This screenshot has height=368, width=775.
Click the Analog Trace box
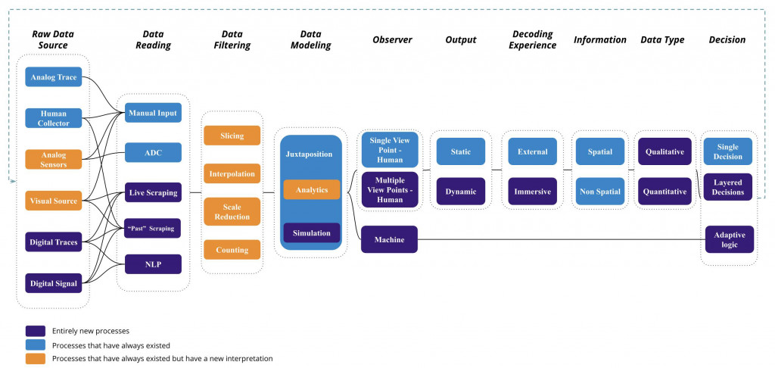pyautogui.click(x=54, y=77)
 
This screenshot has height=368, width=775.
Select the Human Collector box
pyautogui.click(x=54, y=118)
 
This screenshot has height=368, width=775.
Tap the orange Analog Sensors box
pyautogui.click(x=54, y=159)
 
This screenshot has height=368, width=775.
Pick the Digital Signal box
pyautogui.click(x=54, y=283)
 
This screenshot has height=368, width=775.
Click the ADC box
pyautogui.click(x=153, y=152)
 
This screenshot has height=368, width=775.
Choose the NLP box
pyautogui.click(x=153, y=264)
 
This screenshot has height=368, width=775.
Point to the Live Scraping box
pyautogui.click(x=153, y=192)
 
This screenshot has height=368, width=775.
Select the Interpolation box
pyautogui.click(x=232, y=173)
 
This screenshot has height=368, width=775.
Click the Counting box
pyautogui.click(x=232, y=250)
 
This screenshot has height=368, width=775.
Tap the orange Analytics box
pyautogui.click(x=312, y=189)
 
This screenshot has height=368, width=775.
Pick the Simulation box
pyautogui.click(x=312, y=232)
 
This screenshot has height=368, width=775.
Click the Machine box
pyautogui.click(x=389, y=239)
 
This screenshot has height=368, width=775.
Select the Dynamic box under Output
pyautogui.click(x=460, y=192)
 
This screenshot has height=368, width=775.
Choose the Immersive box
pyautogui.click(x=532, y=192)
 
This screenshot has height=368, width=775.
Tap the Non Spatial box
pyautogui.click(x=599, y=192)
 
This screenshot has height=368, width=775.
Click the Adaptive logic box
pyautogui.click(x=729, y=239)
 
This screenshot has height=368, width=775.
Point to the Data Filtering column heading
pyautogui.click(x=232, y=39)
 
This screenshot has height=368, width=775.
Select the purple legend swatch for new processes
pyautogui.click(x=36, y=331)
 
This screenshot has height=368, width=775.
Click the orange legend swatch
pyautogui.click(x=36, y=358)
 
